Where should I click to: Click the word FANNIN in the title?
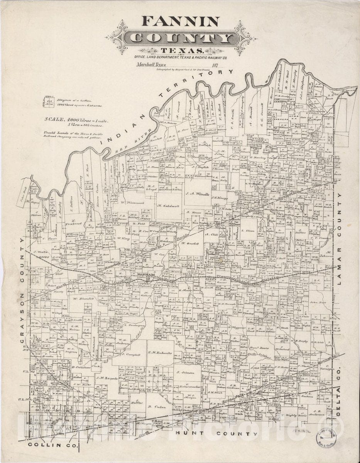click(181, 21)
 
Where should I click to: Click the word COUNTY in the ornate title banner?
click(181, 38)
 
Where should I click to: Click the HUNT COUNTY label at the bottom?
click(214, 434)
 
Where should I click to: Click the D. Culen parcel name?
click(156, 407)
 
